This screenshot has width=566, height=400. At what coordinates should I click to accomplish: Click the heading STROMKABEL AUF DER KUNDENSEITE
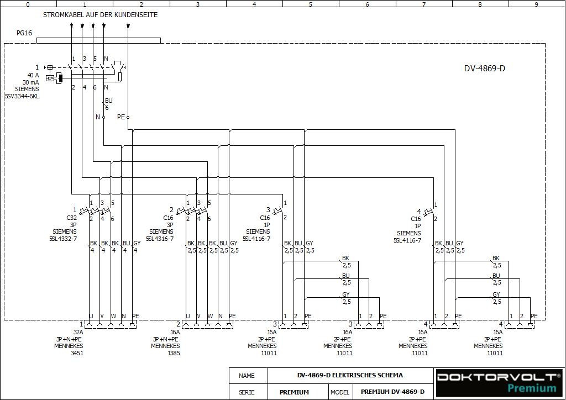click(x=100, y=15)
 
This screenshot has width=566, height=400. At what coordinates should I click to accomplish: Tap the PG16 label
click(x=24, y=33)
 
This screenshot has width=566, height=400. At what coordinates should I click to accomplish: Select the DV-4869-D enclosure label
click(x=484, y=69)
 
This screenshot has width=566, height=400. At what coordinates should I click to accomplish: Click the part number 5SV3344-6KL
click(x=22, y=96)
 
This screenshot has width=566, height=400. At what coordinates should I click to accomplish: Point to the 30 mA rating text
click(x=31, y=82)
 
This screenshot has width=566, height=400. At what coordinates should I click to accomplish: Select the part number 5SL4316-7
click(x=160, y=239)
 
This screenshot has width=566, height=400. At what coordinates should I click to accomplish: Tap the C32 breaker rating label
click(x=72, y=218)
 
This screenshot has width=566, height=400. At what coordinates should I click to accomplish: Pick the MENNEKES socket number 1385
click(x=173, y=353)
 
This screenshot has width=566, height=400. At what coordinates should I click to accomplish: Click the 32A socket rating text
click(x=78, y=332)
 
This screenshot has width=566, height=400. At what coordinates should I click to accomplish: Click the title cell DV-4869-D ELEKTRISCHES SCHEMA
click(x=350, y=375)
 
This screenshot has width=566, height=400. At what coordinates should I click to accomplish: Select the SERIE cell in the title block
click(x=247, y=392)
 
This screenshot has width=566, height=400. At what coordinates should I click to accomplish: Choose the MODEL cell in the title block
click(x=340, y=392)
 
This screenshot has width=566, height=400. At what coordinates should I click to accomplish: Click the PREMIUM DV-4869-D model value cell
click(x=392, y=392)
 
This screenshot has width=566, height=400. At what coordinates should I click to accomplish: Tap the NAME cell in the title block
click(x=247, y=376)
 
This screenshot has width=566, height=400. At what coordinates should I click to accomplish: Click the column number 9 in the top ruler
click(x=536, y=4)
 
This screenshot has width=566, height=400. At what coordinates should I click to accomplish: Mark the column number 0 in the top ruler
click(x=28, y=4)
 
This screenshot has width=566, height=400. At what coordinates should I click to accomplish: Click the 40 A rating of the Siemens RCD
click(x=33, y=75)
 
